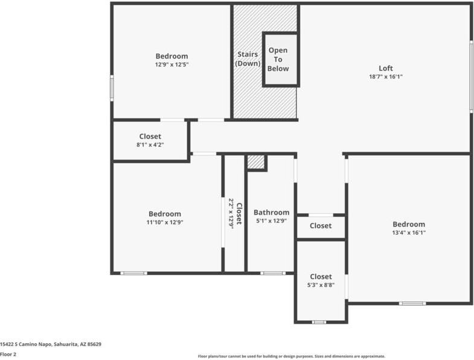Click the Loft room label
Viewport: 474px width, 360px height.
click(x=386, y=68)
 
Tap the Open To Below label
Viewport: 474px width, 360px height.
click(x=278, y=59)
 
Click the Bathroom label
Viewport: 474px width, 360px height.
click(x=271, y=212)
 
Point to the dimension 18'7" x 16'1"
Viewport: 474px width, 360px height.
click(x=386, y=77)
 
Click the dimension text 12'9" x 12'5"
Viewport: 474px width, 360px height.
click(x=171, y=65)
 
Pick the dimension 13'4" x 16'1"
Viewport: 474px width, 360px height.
click(x=409, y=233)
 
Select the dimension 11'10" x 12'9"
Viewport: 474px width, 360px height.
click(x=165, y=222)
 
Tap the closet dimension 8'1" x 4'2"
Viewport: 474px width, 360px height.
click(x=150, y=145)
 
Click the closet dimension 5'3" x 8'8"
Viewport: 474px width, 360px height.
click(x=321, y=285)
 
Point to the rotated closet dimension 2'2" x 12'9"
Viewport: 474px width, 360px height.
click(x=231, y=213)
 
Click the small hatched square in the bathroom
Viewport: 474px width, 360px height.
click(x=256, y=162)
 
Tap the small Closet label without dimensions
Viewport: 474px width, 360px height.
click(x=321, y=226)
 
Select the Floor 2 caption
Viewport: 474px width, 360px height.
click(x=8, y=355)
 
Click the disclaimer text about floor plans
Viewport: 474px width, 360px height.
click(x=292, y=356)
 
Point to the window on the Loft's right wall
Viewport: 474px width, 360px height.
click(x=471, y=76)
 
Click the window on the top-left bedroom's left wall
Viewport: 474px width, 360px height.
click(x=112, y=88)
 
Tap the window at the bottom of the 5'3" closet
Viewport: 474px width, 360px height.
click(x=319, y=322)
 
